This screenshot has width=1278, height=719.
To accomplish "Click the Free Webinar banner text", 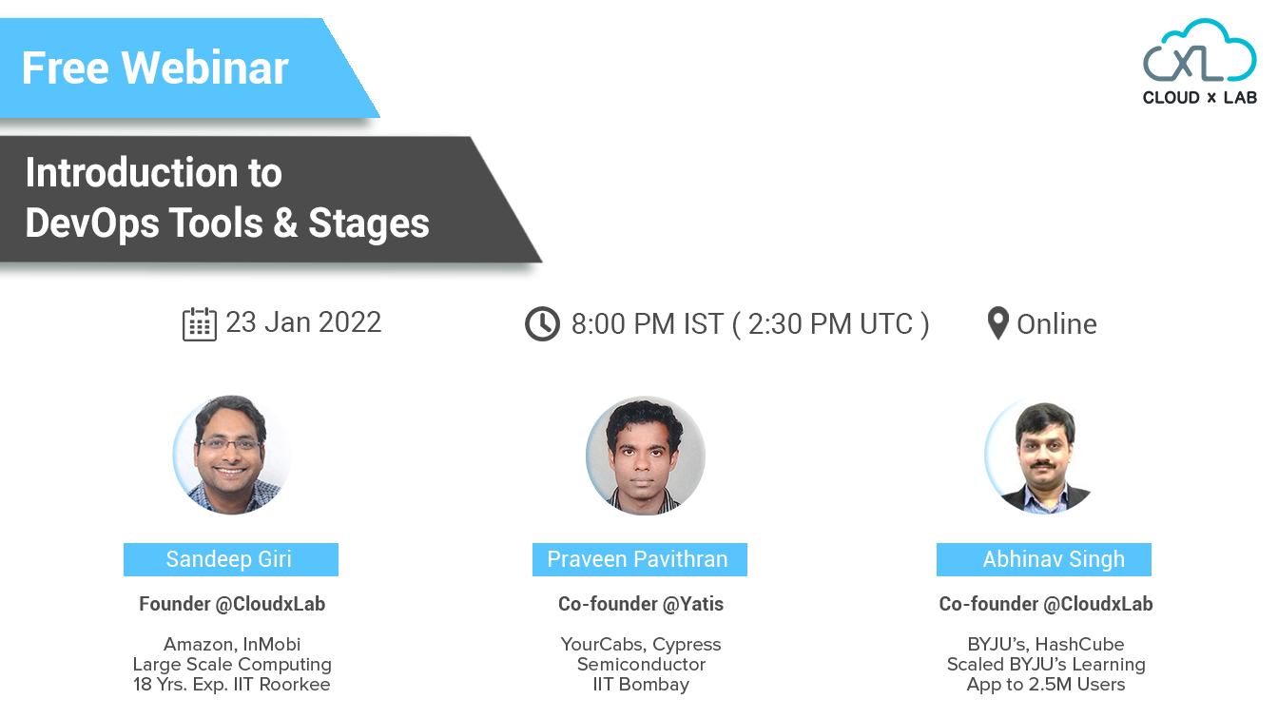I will pyautogui.click(x=155, y=68).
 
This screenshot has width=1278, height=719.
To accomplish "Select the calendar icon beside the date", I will pyautogui.click(x=199, y=324).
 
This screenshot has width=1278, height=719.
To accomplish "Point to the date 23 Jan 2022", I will pyautogui.click(x=303, y=322).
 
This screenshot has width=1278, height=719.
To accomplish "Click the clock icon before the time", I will pyautogui.click(x=542, y=324).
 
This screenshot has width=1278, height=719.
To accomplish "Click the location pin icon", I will pyautogui.click(x=997, y=324).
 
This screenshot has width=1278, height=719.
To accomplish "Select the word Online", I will pyautogui.click(x=1056, y=324).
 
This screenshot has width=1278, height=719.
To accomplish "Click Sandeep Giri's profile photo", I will pyautogui.click(x=231, y=456).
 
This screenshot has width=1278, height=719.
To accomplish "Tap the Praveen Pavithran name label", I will pyautogui.click(x=638, y=559).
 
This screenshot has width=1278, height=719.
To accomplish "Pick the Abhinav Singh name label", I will pyautogui.click(x=1044, y=559).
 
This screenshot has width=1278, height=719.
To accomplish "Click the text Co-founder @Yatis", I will pyautogui.click(x=640, y=604).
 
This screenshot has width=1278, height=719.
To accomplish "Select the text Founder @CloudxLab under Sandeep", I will pyautogui.click(x=232, y=604).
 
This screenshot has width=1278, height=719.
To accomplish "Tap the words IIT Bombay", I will pyautogui.click(x=640, y=684).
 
